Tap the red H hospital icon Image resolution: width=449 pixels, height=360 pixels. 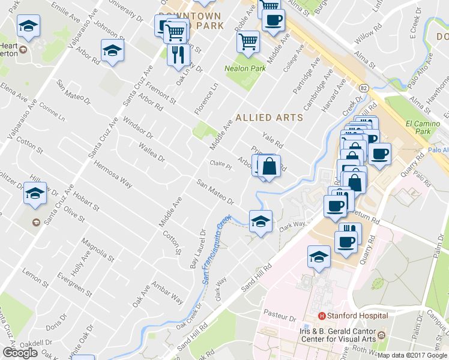tap(322, 316)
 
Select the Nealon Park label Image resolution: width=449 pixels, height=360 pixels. tap(245, 68)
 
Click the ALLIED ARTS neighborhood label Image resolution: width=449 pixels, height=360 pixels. tap(270, 118)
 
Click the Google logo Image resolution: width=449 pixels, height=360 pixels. tap(20, 353)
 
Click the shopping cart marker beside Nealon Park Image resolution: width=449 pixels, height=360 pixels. tap(249, 41)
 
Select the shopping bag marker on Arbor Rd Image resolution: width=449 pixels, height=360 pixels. tap(269, 166)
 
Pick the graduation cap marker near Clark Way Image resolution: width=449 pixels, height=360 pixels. tap(261, 221)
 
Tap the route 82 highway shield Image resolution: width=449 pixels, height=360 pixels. tap(364, 88)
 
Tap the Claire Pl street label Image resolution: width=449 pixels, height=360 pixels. tap(220, 163)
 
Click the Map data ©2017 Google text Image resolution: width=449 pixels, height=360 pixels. tap(413, 355)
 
